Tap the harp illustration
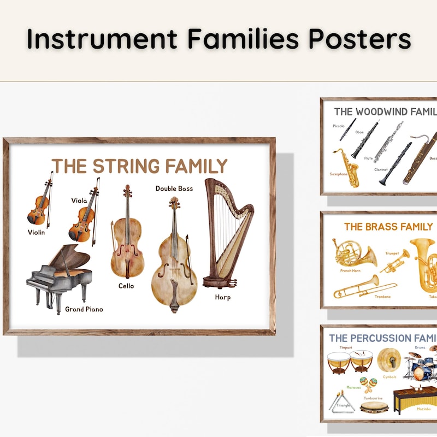226,235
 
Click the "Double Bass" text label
174,188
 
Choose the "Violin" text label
37,232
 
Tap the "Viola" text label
79,200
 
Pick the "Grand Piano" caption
84,309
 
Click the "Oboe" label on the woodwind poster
359,132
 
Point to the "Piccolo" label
339,126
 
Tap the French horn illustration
353,252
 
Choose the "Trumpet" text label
392,253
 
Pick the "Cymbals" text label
389,377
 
